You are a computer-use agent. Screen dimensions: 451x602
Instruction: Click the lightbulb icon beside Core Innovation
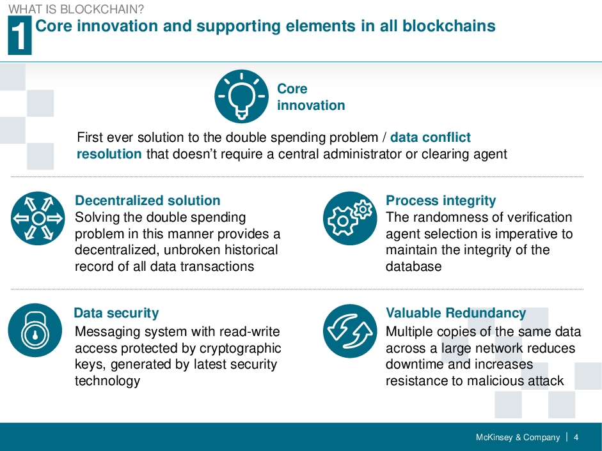[241, 96]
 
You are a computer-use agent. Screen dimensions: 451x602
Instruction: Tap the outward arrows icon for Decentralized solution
[38, 218]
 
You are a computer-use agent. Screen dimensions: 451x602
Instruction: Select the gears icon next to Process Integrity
[350, 218]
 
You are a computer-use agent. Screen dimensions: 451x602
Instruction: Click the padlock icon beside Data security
[35, 330]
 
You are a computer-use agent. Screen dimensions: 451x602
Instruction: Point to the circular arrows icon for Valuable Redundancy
[350, 331]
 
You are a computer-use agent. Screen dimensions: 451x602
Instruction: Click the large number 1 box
[19, 36]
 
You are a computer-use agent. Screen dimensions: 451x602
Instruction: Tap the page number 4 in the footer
[576, 438]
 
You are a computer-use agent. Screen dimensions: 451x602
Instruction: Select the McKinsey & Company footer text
[518, 438]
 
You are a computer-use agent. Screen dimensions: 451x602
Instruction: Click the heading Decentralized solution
[147, 201]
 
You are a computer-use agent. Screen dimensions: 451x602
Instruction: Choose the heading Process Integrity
[441, 201]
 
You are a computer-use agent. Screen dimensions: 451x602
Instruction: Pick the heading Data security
[116, 313]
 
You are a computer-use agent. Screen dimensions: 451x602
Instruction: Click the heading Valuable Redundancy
[455, 313]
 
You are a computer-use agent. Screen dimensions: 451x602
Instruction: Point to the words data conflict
[430, 137]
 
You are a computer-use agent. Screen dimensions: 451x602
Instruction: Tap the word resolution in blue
[109, 154]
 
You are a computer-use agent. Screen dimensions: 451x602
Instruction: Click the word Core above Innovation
[292, 89]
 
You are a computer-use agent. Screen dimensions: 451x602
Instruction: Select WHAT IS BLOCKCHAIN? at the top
[76, 10]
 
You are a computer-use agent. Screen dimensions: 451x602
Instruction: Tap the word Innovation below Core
[311, 105]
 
